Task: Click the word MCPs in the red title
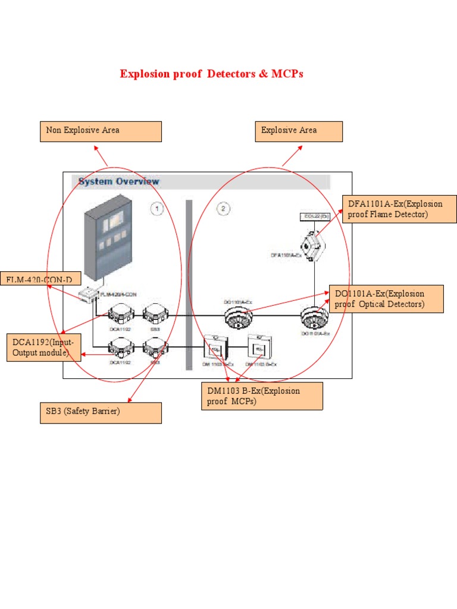click(x=287, y=74)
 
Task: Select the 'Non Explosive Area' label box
click(x=101, y=131)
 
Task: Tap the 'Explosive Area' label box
click(x=299, y=131)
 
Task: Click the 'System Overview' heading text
click(x=119, y=181)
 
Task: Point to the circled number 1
click(x=156, y=209)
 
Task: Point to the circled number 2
click(x=223, y=209)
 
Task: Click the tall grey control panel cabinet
click(x=107, y=244)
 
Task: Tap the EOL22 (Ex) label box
click(x=315, y=216)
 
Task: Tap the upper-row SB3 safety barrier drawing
click(x=155, y=313)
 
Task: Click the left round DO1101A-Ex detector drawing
click(x=238, y=318)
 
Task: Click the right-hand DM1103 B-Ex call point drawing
click(x=259, y=347)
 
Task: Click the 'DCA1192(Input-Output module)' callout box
click(x=44, y=348)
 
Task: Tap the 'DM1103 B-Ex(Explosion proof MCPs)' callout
click(x=262, y=396)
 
